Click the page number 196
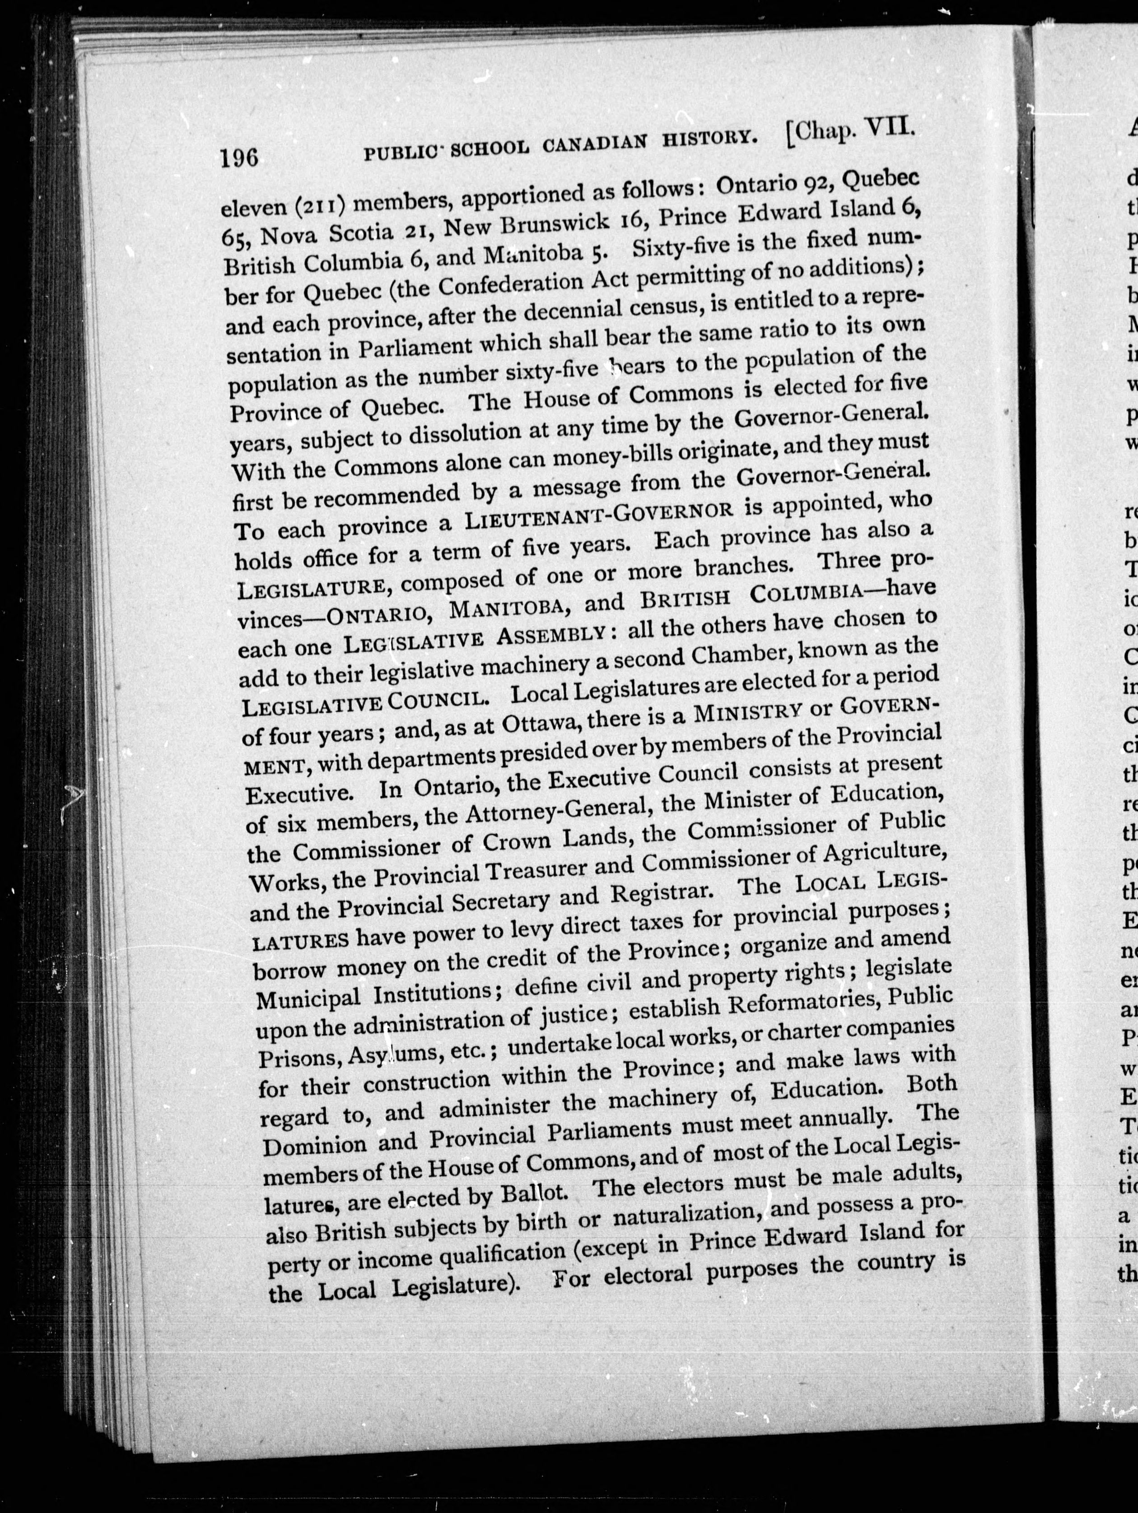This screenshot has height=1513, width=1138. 239,159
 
